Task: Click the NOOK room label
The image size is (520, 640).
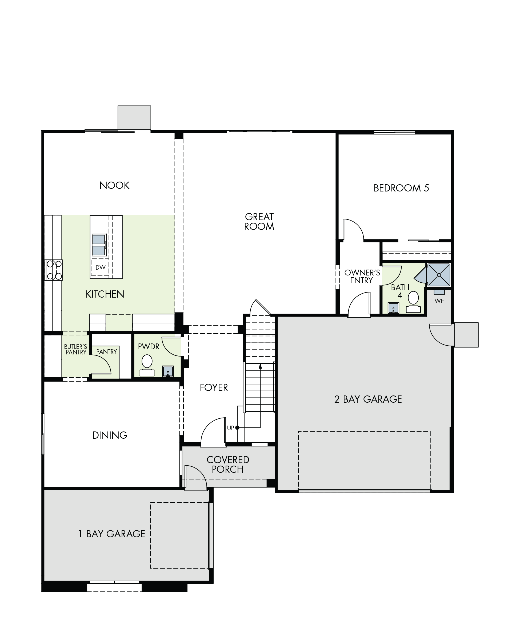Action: pos(114,185)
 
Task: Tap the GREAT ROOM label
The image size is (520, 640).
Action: pos(259,221)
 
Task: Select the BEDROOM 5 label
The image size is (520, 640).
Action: pos(401,188)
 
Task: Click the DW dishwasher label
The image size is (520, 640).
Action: pos(100,267)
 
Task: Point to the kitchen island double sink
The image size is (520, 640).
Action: pos(99,245)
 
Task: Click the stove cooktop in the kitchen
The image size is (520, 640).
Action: pos(54,270)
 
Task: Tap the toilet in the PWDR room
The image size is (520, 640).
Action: pos(147,365)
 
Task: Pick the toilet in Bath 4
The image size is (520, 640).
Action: pos(413,302)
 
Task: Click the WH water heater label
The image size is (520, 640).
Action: pos(439,301)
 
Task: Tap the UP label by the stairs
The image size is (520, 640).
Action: pos(230,428)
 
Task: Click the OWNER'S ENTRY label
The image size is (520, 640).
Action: pos(362,277)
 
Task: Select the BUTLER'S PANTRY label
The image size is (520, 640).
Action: pos(76,350)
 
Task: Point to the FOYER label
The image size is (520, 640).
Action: pos(214,387)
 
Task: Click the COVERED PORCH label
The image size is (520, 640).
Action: pos(228,465)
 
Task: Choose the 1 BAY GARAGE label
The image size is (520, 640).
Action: pos(111,534)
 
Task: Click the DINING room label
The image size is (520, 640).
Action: pos(110,435)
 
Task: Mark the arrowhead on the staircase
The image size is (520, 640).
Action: pos(260,366)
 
